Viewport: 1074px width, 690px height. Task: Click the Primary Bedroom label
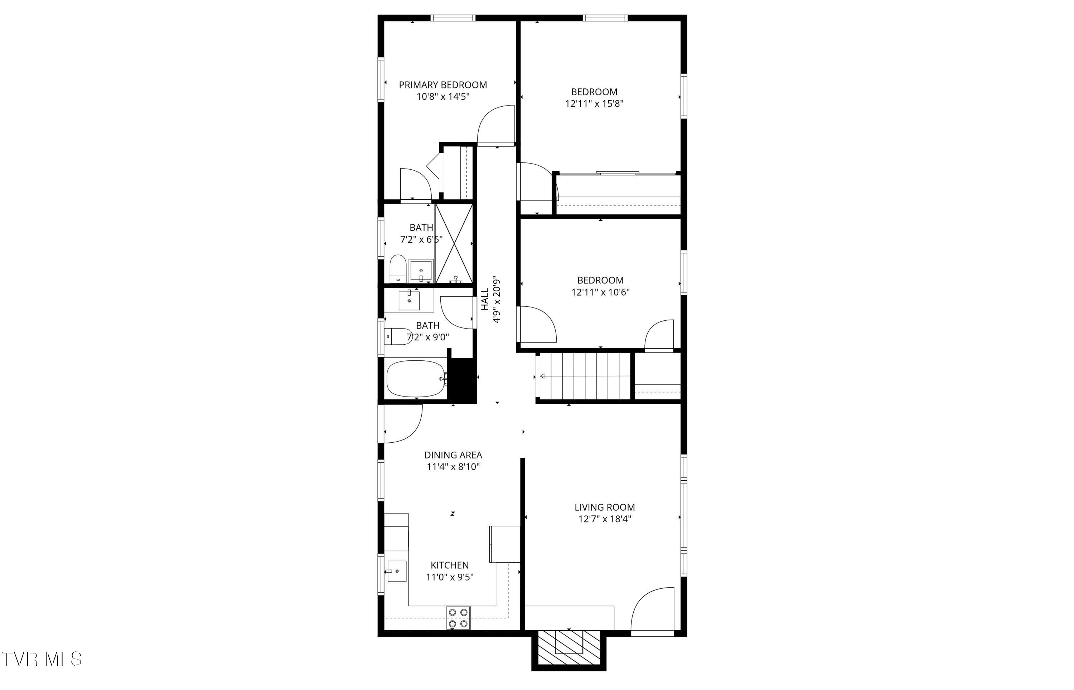[443, 85]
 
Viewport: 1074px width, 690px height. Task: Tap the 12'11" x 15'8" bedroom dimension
[594, 104]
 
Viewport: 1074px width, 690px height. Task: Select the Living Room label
[604, 507]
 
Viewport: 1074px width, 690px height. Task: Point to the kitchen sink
[397, 571]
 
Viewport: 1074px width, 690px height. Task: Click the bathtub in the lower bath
[415, 379]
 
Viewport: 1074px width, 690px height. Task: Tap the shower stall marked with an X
[454, 244]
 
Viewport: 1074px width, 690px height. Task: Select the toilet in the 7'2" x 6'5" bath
[397, 269]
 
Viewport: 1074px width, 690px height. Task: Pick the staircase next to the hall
[585, 375]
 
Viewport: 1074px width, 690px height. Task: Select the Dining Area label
[453, 455]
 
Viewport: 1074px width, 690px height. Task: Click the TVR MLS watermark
[41, 659]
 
